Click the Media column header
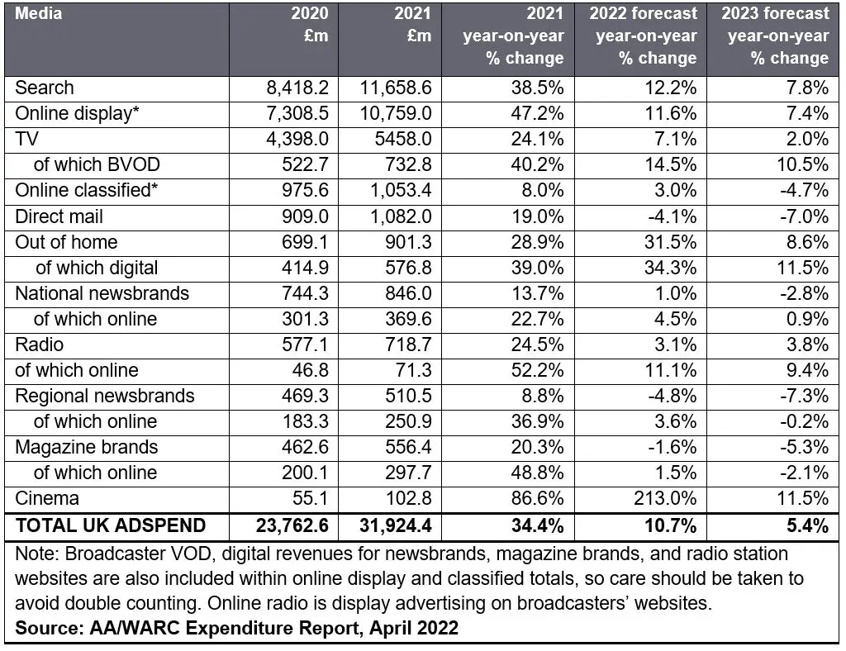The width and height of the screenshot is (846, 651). tap(38, 13)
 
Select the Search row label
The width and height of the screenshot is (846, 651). tap(45, 88)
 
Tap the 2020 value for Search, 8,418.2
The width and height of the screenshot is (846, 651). tap(297, 88)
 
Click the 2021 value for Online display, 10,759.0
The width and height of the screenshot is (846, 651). tap(396, 113)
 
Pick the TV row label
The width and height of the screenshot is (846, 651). tap(26, 139)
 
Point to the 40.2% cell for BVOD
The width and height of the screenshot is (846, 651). tap(537, 164)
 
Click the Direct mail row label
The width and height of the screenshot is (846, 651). tap(59, 216)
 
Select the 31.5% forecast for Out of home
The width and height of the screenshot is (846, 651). tap(670, 241)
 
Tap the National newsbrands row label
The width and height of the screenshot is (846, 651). tap(102, 293)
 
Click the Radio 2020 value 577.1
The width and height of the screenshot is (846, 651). tap(305, 345)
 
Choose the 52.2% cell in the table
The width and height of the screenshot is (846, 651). tap(537, 370)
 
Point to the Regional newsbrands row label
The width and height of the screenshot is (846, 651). tap(105, 396)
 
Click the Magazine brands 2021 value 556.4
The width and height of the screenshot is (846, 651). tap(408, 447)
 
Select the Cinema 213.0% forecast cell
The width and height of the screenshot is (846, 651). tap(665, 498)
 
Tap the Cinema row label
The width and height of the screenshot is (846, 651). tap(47, 498)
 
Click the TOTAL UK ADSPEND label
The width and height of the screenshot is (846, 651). tap(111, 525)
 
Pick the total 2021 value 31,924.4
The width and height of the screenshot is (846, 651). tap(396, 525)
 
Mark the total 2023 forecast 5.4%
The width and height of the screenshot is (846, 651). tap(807, 525)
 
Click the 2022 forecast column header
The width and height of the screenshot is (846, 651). tap(643, 36)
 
